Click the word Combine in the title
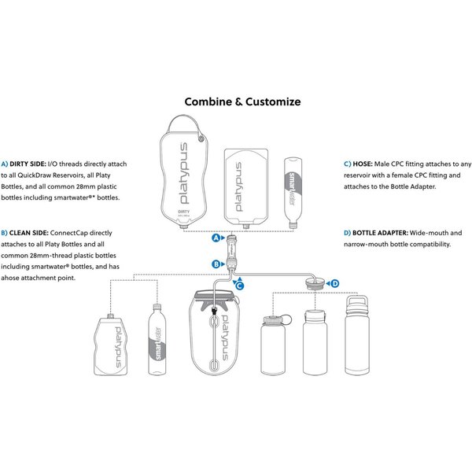click(205, 101)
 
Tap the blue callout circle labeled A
click(216, 236)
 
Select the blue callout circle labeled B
click(216, 264)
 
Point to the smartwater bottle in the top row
click(291, 190)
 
